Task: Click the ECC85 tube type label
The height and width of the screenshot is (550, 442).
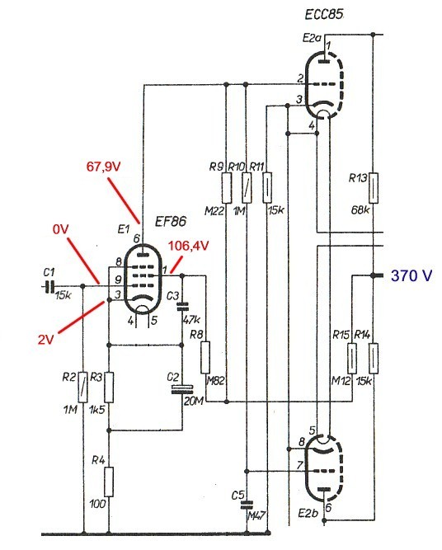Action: (324, 14)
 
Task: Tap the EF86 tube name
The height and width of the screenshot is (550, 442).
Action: (171, 221)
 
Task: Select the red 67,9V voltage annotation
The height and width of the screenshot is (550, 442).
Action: (103, 167)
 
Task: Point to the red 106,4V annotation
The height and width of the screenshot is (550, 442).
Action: (189, 246)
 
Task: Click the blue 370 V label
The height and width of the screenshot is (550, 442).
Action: (411, 275)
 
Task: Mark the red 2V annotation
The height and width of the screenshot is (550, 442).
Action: (46, 339)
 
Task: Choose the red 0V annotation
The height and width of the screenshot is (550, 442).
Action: (61, 230)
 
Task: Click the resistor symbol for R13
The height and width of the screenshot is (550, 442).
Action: (374, 188)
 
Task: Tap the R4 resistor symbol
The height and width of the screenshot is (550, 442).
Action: (109, 482)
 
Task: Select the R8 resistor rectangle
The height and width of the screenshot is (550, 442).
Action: (205, 357)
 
